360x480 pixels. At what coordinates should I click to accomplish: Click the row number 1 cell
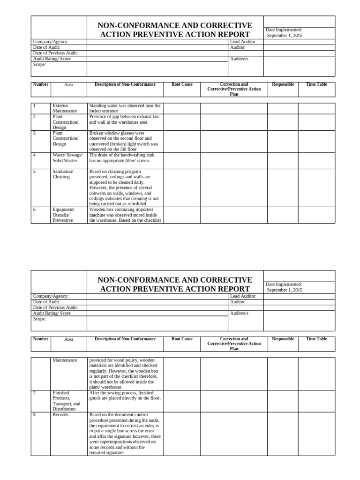41,108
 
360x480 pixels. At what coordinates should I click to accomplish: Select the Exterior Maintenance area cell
68,108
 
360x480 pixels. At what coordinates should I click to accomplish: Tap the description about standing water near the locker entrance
125,108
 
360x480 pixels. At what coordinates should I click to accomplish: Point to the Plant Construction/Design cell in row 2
68,122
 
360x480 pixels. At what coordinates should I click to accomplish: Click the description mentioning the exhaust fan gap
125,119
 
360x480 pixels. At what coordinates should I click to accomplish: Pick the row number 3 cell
41,141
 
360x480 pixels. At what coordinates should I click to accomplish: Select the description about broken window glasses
125,141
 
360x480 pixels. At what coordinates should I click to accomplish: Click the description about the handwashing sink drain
125,157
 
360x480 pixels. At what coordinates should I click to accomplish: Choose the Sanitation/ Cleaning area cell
68,187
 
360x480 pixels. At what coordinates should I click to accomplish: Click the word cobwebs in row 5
97,193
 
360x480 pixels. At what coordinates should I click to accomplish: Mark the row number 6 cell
41,215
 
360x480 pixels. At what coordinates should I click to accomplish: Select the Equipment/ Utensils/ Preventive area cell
68,215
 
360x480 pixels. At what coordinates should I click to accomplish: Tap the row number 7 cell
41,401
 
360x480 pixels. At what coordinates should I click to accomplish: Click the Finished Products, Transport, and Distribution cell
68,401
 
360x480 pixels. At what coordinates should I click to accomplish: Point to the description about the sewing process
125,396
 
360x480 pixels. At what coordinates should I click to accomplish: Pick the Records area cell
68,434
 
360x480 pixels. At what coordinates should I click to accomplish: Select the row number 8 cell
41,434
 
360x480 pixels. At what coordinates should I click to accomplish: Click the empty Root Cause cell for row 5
182,187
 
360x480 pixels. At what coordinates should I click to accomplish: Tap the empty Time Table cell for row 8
316,434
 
